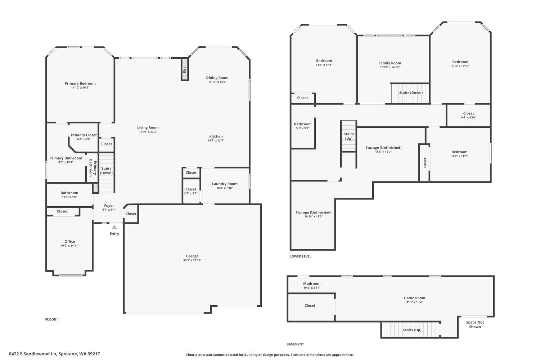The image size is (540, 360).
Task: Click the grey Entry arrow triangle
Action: click(x=114, y=227)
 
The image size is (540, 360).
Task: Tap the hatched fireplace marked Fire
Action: click(x=185, y=69)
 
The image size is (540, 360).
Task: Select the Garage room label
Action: click(x=192, y=256)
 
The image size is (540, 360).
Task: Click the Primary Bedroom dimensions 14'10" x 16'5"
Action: click(x=80, y=87)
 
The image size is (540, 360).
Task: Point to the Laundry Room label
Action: click(x=225, y=184)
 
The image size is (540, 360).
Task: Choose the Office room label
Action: click(x=70, y=241)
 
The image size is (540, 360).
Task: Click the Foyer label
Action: click(x=109, y=206)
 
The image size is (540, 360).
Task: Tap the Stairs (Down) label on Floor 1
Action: click(x=106, y=171)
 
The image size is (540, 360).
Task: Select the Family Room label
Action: click(x=390, y=63)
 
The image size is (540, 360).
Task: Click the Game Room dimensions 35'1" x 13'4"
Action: click(x=414, y=302)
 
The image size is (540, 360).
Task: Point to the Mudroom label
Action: click(x=312, y=284)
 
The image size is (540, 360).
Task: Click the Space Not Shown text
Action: click(x=475, y=324)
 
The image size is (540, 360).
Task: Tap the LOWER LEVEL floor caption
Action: click(x=300, y=256)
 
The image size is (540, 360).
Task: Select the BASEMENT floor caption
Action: click(x=295, y=344)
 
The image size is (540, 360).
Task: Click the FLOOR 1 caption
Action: click(x=52, y=319)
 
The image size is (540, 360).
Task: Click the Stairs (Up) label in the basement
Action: click(x=412, y=330)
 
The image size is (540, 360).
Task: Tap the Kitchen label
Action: click(x=216, y=136)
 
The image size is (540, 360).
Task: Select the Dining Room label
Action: click(x=217, y=78)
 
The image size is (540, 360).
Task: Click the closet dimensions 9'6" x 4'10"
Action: click(x=468, y=117)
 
